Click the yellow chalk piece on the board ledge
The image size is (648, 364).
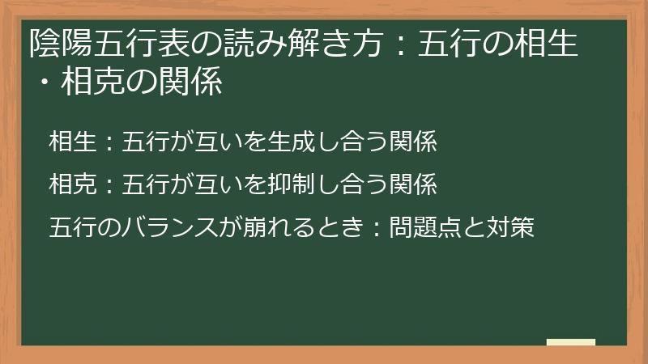point(570,341)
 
